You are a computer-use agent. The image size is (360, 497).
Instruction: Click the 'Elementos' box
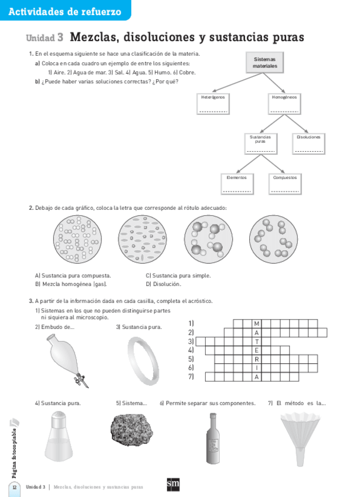click(237, 183)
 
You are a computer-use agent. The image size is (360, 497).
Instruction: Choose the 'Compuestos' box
click(285, 183)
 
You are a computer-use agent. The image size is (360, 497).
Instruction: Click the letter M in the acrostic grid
click(256, 323)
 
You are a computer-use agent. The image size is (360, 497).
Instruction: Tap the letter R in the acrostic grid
click(256, 359)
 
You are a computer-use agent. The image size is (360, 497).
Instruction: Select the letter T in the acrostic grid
click(256, 341)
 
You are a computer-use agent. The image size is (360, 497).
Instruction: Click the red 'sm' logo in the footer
click(173, 485)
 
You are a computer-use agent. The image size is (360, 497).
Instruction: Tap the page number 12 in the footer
click(15, 487)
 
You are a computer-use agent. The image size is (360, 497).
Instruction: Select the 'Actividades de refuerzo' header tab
click(65, 11)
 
